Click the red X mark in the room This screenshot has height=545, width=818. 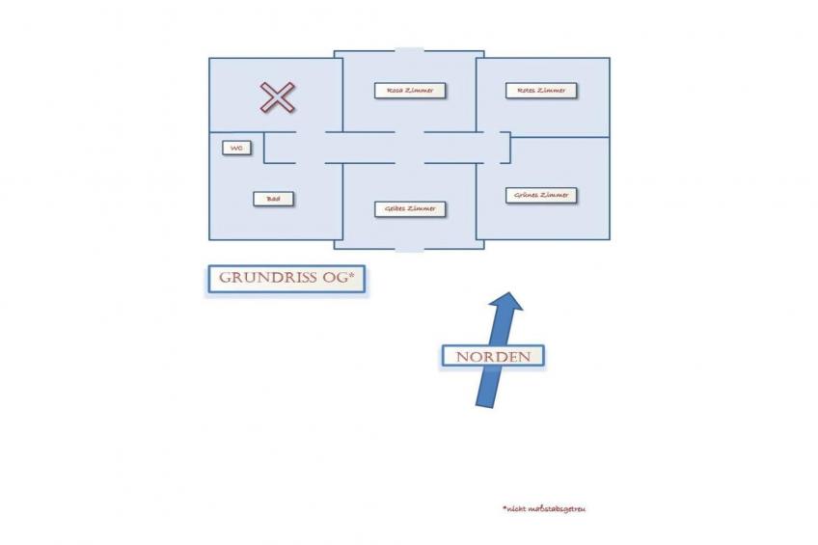coord(278,97)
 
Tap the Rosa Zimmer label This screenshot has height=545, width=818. coord(410,91)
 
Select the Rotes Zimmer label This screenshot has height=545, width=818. coord(541,91)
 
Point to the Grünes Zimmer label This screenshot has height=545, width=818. coord(541,195)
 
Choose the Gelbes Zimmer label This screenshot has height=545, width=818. coord(410,208)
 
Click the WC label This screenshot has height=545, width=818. coord(236,149)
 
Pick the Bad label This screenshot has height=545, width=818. coord(273,199)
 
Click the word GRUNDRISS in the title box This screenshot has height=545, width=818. coord(268,278)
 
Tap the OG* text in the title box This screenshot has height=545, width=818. coord(339,278)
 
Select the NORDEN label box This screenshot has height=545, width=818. coord(493,357)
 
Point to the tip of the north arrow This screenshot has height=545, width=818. coord(508,292)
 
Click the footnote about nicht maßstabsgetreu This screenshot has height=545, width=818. coord(544,508)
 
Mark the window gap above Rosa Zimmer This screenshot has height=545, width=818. coord(410,50)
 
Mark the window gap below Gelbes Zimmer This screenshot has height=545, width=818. coord(410,249)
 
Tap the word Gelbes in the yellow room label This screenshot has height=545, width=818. coord(395,208)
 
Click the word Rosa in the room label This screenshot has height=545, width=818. coord(395,91)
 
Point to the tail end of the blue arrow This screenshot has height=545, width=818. coord(484,406)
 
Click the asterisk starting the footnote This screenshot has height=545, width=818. coord(504,507)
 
